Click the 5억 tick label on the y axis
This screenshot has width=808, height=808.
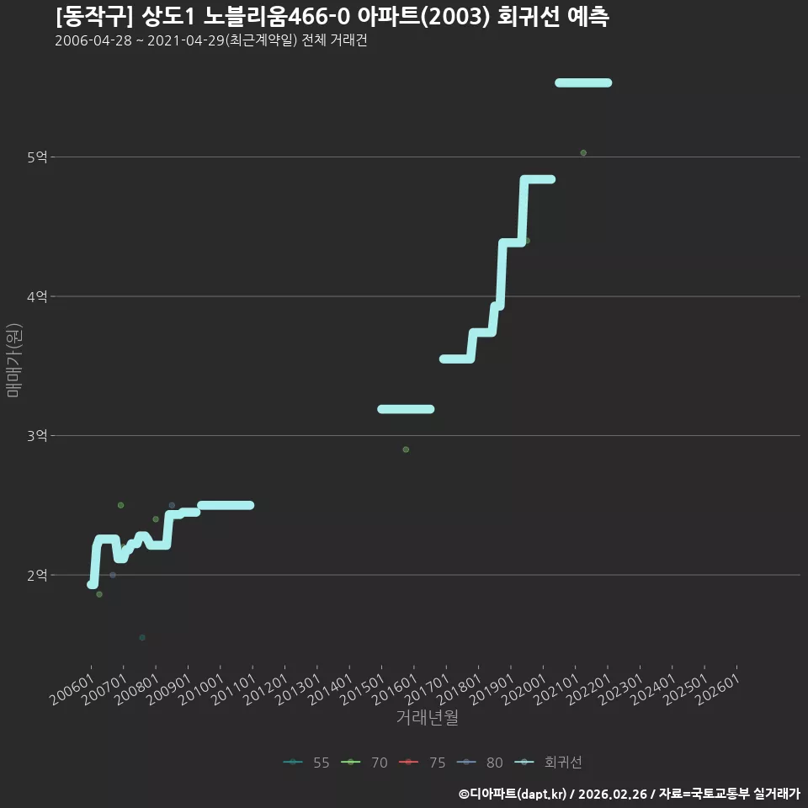(x=37, y=157)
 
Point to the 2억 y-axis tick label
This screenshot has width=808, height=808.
(x=37, y=575)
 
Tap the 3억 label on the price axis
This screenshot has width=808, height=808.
(x=37, y=435)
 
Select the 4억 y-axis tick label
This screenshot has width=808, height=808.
(x=37, y=296)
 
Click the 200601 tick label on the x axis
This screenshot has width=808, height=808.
(x=72, y=688)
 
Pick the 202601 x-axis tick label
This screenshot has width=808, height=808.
(x=718, y=688)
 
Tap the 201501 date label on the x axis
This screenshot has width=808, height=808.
(x=363, y=688)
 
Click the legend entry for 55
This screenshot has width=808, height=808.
(x=306, y=763)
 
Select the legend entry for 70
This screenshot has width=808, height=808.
(x=364, y=763)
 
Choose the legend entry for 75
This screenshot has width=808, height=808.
(x=422, y=763)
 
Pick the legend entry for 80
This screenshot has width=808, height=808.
(x=480, y=763)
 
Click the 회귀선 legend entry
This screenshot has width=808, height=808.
(x=548, y=763)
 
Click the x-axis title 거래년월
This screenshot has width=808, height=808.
(x=428, y=717)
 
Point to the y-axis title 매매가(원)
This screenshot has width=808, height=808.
(x=14, y=360)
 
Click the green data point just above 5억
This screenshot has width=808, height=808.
(x=583, y=152)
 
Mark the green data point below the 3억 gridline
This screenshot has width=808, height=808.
(x=406, y=449)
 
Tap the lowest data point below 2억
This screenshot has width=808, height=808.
(x=142, y=637)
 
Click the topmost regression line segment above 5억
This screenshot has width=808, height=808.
(x=583, y=83)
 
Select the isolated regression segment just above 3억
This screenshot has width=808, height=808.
(x=406, y=409)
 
